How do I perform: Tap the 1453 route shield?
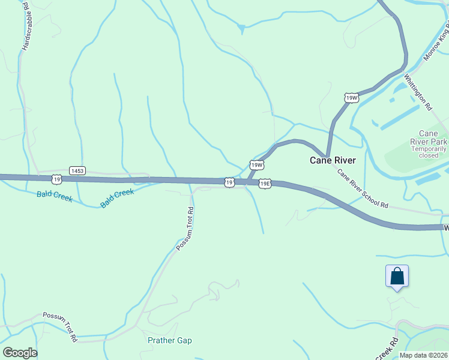(77, 171)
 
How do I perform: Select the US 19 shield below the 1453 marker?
(56, 179)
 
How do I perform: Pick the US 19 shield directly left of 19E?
(229, 182)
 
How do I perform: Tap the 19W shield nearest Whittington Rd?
(352, 97)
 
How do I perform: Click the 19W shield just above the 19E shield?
(257, 164)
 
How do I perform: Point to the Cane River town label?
(333, 160)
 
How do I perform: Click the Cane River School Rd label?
(362, 188)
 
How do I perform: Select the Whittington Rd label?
(418, 92)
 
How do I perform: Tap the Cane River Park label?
(429, 137)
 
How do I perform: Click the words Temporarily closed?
(429, 152)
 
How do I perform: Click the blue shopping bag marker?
(397, 277)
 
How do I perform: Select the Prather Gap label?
(170, 340)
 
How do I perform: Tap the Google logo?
(20, 353)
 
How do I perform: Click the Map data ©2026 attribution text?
(423, 355)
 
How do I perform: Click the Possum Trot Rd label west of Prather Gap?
(60, 326)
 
